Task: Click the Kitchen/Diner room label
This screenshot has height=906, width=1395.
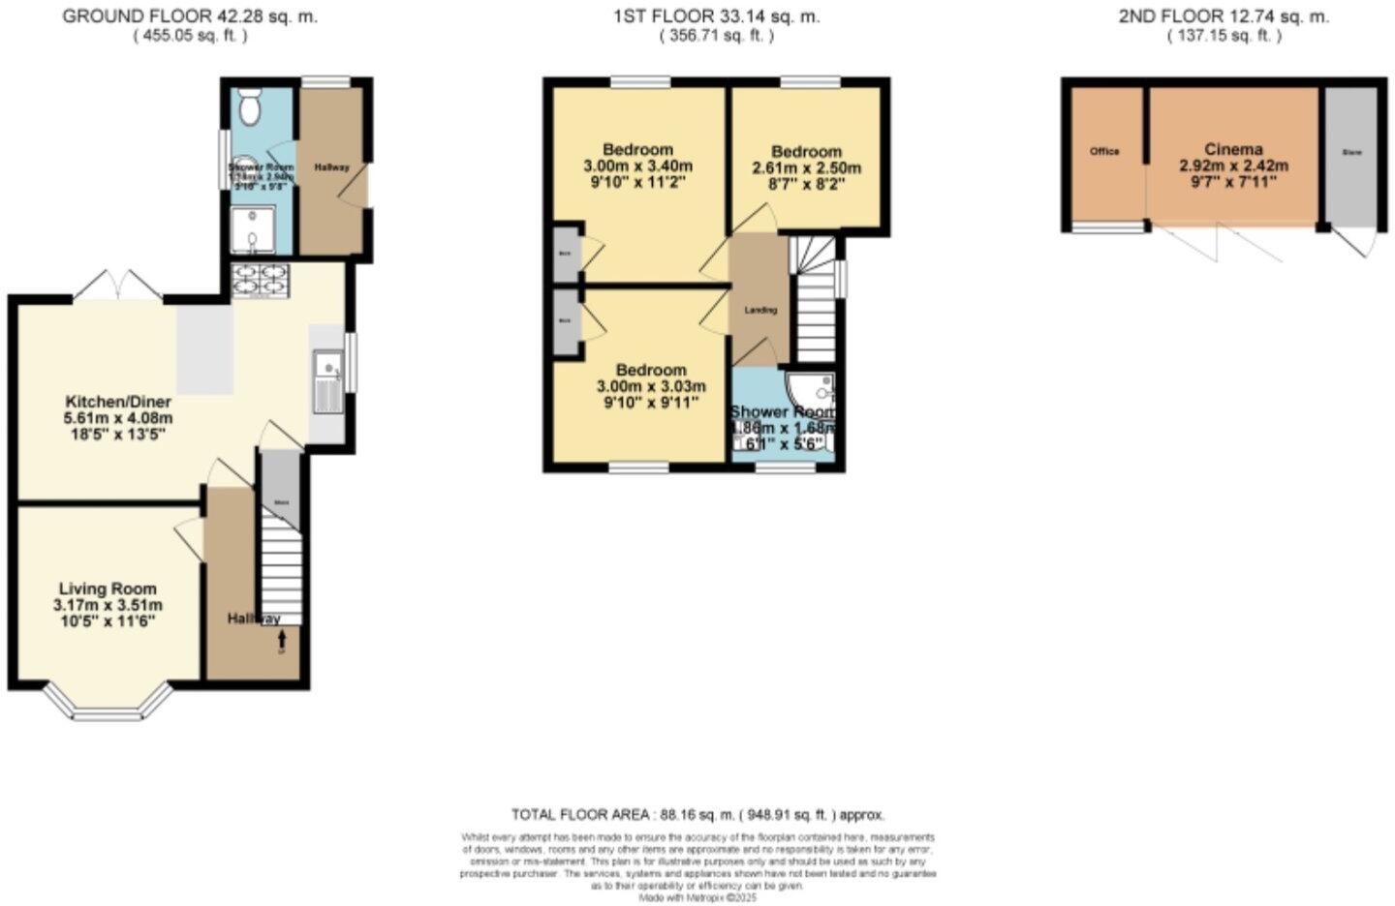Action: [x=118, y=402]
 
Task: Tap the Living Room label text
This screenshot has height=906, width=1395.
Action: [x=108, y=589]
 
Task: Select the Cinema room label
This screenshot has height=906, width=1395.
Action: [x=1233, y=149]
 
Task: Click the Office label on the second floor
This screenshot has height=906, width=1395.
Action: [x=1104, y=152]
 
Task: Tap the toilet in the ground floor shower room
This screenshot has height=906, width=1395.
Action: [x=250, y=108]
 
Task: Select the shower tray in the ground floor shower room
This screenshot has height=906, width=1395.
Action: [x=252, y=228]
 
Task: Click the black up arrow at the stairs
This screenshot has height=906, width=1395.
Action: [x=283, y=640]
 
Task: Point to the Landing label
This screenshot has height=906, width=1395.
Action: [x=760, y=310]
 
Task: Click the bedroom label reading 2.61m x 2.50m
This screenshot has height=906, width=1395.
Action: [x=806, y=166]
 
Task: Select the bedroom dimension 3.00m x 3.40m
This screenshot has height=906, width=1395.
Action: [x=637, y=166]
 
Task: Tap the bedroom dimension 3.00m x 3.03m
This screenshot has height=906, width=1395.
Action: [x=651, y=386]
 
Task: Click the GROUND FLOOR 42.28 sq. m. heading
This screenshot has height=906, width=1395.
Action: [x=190, y=16]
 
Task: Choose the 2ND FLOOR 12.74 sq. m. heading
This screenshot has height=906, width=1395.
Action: [x=1224, y=16]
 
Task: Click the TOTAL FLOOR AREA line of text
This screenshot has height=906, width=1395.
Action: [x=697, y=815]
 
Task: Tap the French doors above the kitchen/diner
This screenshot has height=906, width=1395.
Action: [x=115, y=284]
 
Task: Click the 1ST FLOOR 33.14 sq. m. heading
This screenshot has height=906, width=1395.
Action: [x=716, y=16]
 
